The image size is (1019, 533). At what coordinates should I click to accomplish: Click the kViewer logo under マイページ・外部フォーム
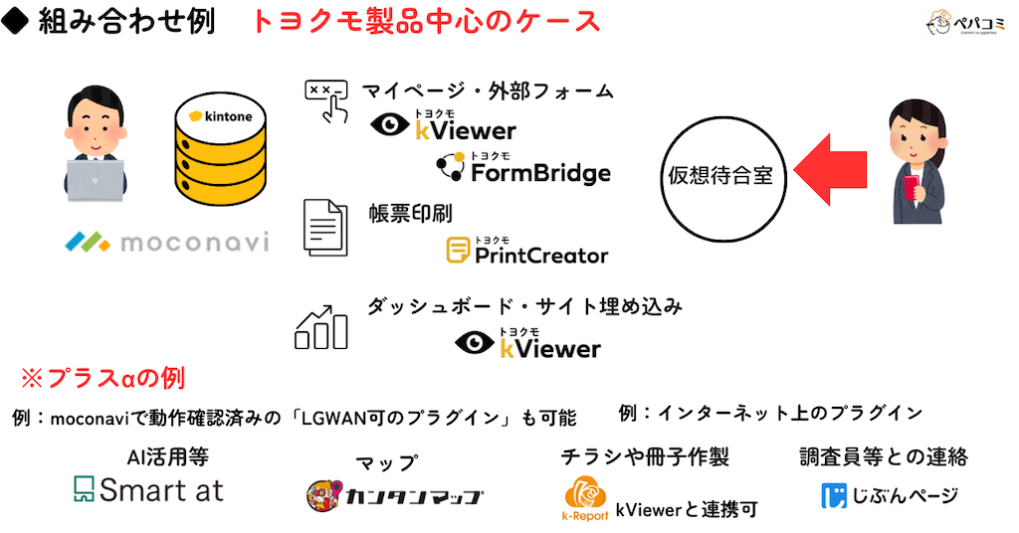tap(443, 127)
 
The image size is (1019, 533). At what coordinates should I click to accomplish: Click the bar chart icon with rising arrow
tap(320, 325)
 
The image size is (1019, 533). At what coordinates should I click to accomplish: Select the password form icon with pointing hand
tap(325, 100)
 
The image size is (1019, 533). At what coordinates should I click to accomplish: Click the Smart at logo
tap(149, 489)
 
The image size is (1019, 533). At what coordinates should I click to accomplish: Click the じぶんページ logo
tap(890, 494)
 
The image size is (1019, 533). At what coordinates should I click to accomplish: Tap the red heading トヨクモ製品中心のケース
tap(426, 22)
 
